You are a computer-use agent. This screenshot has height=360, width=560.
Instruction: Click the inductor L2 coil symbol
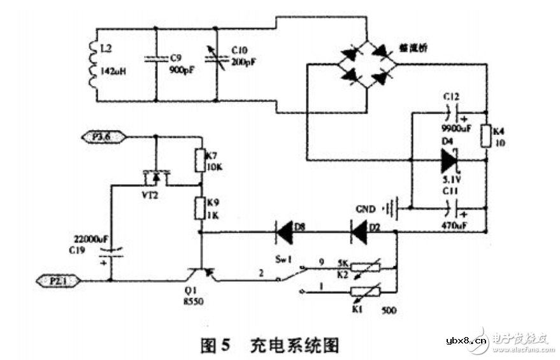pyautogui.click(x=93, y=64)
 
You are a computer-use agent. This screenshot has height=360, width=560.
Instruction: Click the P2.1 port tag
pyautogui.click(x=62, y=280)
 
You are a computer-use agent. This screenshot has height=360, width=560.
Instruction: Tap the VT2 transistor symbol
pyautogui.click(x=155, y=176)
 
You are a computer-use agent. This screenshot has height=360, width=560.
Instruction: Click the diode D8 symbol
pyautogui.click(x=285, y=233)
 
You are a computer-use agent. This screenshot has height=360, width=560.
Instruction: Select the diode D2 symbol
pyautogui.click(x=360, y=233)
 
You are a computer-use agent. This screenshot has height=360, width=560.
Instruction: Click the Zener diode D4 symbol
pyautogui.click(x=450, y=161)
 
